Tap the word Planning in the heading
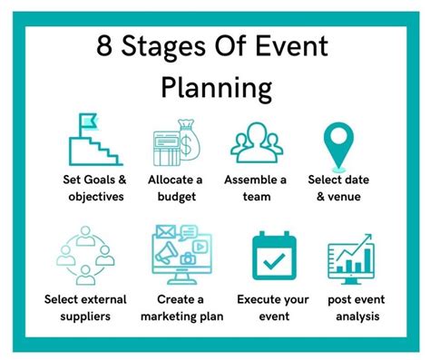point(217,87)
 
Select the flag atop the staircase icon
point(87,122)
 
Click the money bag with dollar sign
point(190,138)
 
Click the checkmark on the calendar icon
point(270,258)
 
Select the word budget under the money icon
point(175,197)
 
